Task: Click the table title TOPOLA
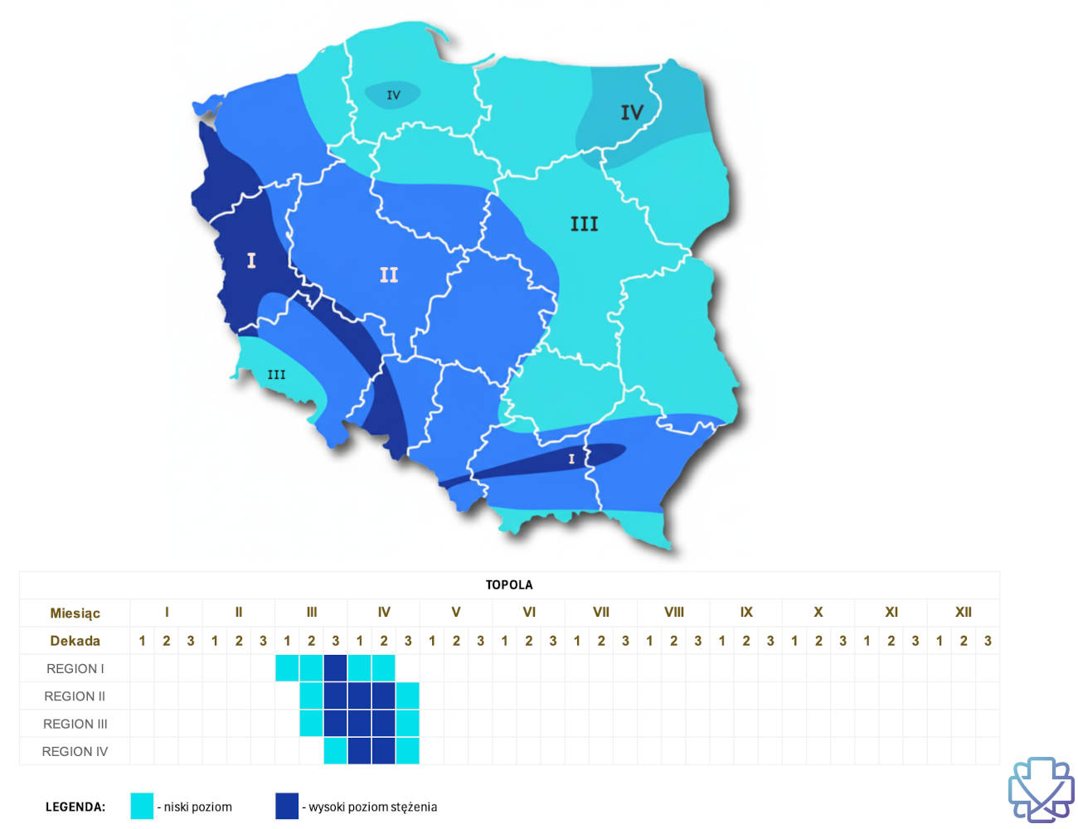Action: click(509, 584)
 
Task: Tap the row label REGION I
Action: click(75, 668)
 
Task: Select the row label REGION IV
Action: click(75, 751)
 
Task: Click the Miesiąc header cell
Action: click(75, 613)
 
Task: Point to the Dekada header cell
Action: click(75, 640)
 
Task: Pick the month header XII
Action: click(963, 612)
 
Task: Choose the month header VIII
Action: click(673, 612)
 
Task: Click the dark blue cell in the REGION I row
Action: click(335, 668)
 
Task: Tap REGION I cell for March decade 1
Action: click(287, 668)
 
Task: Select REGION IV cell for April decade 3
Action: click(407, 751)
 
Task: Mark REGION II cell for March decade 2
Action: click(311, 696)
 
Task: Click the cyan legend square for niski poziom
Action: click(142, 806)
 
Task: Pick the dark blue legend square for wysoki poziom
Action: click(287, 806)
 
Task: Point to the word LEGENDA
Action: click(75, 807)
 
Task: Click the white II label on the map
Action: click(389, 274)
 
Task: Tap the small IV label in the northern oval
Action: click(393, 95)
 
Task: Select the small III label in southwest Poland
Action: click(276, 375)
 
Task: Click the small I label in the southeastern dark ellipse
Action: click(571, 458)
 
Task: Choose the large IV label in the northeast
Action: click(632, 112)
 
